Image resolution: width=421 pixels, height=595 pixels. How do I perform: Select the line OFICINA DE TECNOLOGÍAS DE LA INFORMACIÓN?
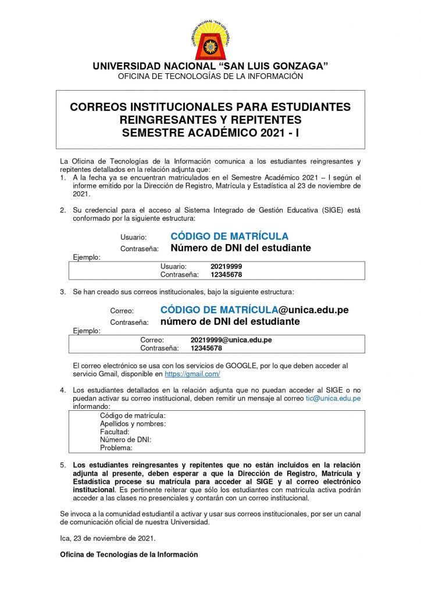(x=211, y=76)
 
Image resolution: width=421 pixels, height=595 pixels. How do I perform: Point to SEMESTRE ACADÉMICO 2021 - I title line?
(x=211, y=132)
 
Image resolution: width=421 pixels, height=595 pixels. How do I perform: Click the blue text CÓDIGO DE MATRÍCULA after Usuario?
(x=229, y=236)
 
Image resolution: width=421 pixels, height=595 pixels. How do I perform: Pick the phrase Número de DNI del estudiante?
(x=240, y=248)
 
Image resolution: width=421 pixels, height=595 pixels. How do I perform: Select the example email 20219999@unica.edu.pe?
(x=231, y=339)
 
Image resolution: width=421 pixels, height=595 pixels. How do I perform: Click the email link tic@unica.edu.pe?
(x=333, y=399)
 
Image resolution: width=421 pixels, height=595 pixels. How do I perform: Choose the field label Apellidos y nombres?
(x=133, y=424)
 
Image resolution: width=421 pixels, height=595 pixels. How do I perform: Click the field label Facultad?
(x=115, y=432)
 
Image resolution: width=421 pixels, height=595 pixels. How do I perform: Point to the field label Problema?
(x=116, y=448)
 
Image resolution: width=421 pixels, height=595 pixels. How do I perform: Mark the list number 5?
(x=63, y=465)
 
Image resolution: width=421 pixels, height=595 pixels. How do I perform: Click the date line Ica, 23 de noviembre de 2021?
(x=108, y=538)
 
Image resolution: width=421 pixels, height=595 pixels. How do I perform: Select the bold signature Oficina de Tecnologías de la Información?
(x=129, y=554)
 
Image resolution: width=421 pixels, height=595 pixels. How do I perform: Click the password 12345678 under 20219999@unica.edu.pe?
(x=206, y=348)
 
